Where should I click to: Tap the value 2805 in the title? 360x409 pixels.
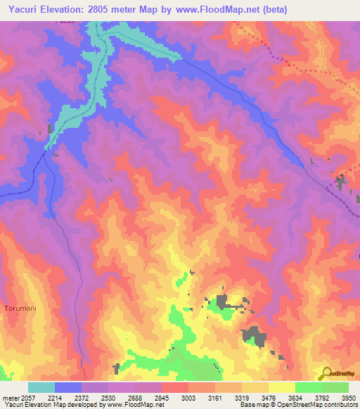108,9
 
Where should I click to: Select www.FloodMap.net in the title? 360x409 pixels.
219,9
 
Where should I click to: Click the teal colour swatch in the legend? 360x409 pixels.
41,387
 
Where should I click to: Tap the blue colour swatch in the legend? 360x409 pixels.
68,387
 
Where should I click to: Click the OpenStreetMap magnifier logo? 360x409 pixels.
326,373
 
